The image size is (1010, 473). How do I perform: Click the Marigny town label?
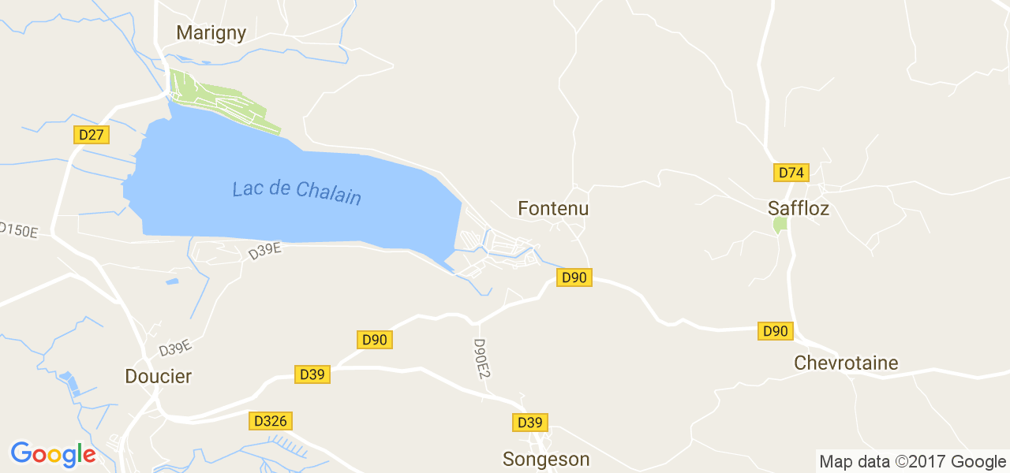(x=211, y=33)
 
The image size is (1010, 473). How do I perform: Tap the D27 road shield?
(x=92, y=135)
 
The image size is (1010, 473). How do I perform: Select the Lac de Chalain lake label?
(x=297, y=192)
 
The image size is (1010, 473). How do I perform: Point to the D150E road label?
(x=17, y=230)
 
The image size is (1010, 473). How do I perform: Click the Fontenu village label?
(x=553, y=209)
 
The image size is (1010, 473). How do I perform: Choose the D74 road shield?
(x=791, y=173)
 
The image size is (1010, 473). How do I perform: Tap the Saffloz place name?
(x=799, y=208)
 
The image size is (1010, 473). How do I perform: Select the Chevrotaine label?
(x=846, y=363)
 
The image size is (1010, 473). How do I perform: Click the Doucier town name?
(x=158, y=377)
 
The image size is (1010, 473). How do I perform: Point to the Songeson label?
(x=546, y=460)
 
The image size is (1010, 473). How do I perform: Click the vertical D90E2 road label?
(x=481, y=359)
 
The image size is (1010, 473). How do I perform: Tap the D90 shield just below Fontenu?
(x=574, y=277)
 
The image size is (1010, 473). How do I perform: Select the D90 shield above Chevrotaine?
(x=775, y=331)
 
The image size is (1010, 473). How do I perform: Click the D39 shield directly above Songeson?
(x=530, y=423)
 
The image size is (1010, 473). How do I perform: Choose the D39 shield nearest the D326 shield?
(x=312, y=374)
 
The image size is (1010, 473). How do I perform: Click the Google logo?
(x=53, y=454)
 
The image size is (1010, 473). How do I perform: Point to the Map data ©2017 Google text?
(x=912, y=461)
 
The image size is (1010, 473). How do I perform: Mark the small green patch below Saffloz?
(x=780, y=225)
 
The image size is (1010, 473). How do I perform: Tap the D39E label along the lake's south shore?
(x=264, y=251)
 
